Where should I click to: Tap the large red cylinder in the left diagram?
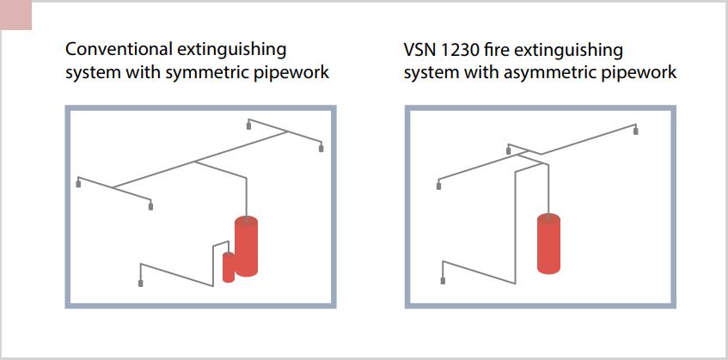(x=247, y=246)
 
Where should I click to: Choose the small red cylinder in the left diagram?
(x=228, y=267)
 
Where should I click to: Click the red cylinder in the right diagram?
(x=549, y=242)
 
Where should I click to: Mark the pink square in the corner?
(x=16, y=15)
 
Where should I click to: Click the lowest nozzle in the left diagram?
(x=140, y=282)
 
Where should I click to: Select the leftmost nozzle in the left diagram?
(x=79, y=183)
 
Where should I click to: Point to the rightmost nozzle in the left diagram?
(x=321, y=149)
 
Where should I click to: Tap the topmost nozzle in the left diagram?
(x=249, y=125)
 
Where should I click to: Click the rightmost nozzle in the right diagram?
(x=637, y=131)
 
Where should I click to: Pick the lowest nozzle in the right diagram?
(x=443, y=280)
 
